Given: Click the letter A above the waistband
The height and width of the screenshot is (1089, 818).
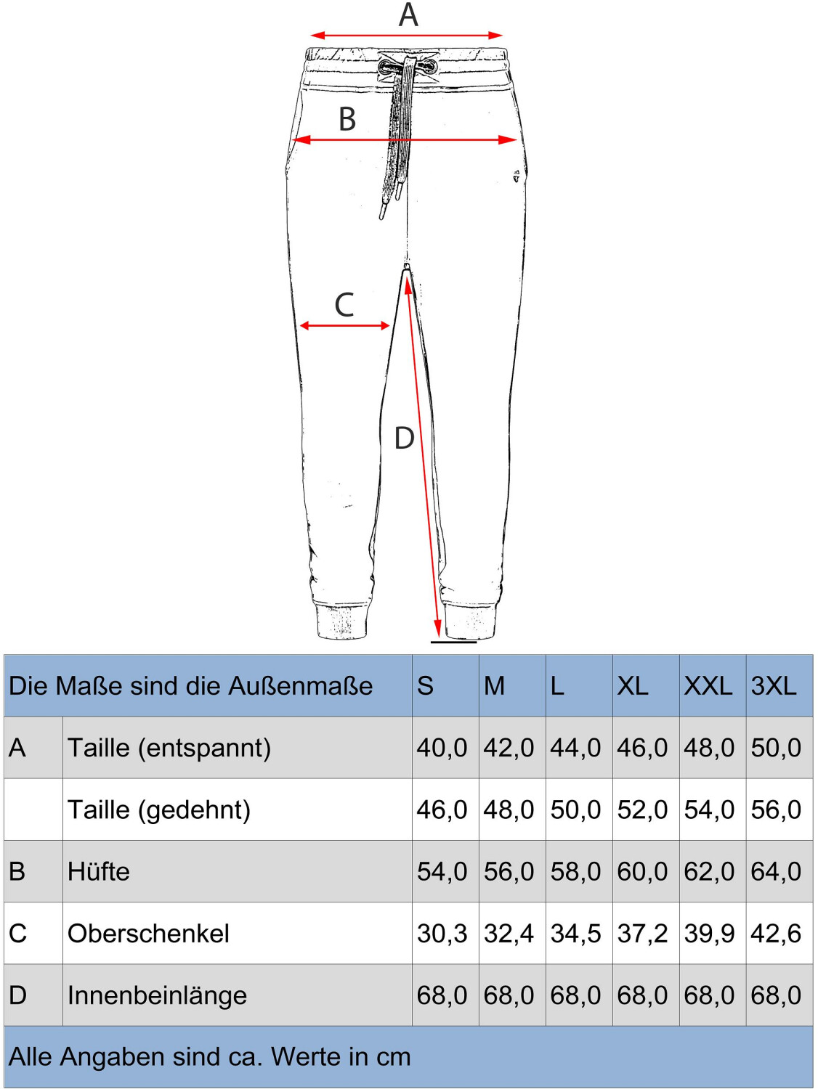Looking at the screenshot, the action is [408, 15].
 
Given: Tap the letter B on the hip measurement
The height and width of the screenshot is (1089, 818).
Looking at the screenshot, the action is [347, 120].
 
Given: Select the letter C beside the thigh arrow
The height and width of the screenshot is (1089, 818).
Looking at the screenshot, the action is [344, 306].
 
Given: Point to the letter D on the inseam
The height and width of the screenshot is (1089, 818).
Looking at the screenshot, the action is [404, 439].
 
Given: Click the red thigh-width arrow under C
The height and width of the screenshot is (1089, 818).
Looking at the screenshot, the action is [345, 326].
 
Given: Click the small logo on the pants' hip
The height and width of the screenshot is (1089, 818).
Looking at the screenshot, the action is [517, 175].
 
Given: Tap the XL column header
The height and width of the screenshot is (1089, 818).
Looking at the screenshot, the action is [633, 686].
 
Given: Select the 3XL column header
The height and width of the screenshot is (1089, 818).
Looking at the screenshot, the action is [773, 686].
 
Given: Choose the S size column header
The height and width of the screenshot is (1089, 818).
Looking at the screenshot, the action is [425, 686].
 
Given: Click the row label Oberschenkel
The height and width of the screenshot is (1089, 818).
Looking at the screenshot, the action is [148, 934].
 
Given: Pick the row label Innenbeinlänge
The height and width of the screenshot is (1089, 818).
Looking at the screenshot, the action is [157, 995].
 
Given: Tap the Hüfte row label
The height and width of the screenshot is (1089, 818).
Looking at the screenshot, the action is [99, 872].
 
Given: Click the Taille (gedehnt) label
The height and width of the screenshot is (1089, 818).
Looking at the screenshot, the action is [159, 810].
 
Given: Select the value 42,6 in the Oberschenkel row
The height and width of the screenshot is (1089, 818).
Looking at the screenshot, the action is [776, 934].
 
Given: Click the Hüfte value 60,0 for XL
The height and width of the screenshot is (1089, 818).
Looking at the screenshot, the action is [642, 872].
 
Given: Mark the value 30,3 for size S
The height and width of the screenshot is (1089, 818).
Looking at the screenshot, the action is [442, 934].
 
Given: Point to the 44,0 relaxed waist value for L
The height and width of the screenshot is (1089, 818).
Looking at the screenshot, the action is [575, 749].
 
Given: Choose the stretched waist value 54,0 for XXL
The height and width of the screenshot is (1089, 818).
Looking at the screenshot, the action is [709, 810].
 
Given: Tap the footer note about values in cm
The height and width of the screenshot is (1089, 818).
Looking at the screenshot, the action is [210, 1057].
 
